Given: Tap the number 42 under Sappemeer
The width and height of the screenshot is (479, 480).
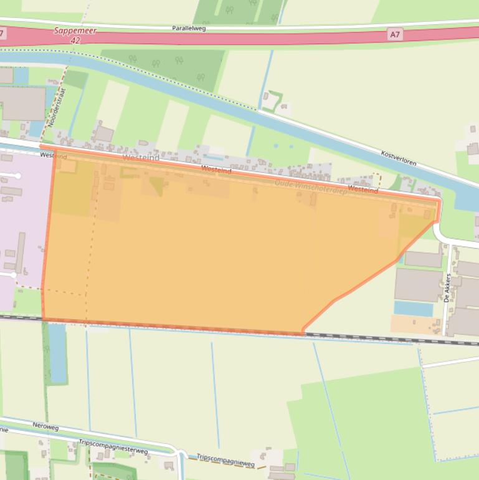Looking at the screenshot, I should [x=76, y=39].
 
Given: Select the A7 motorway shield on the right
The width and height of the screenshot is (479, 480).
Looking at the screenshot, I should [x=394, y=35].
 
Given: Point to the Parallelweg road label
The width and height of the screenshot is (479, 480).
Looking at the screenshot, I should [x=189, y=28].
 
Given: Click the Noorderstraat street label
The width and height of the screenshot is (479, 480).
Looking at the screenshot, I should [x=57, y=107].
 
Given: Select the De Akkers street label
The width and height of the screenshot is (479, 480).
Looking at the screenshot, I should [x=447, y=287].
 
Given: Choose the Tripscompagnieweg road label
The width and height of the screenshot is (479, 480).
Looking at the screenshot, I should [x=225, y=460].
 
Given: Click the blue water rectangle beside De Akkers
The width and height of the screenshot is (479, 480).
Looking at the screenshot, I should [x=413, y=309].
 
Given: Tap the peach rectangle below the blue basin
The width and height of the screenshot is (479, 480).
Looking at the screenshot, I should [x=415, y=324].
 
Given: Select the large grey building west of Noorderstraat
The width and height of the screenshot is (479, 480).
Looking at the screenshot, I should [x=22, y=103].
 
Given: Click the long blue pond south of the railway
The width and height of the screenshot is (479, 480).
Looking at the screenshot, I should [x=57, y=353].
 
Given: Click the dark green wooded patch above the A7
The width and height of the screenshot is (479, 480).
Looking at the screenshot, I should [x=234, y=11].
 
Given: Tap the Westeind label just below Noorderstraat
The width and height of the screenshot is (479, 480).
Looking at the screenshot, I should [x=53, y=156].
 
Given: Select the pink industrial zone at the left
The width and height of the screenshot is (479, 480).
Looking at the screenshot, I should [x=22, y=224].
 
